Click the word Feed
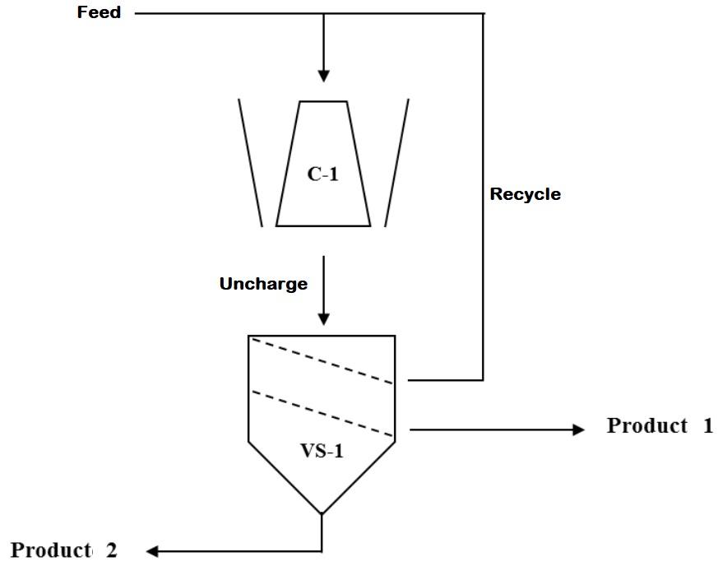(99, 13)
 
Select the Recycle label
(525, 195)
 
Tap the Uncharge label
(263, 284)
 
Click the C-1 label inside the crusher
(322, 174)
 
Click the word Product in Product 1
(646, 426)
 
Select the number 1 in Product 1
(707, 426)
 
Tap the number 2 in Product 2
(110, 550)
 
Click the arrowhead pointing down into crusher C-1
(323, 75)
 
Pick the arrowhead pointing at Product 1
(577, 429)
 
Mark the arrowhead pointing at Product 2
(153, 550)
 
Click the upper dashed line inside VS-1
(322, 360)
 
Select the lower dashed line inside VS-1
(322, 414)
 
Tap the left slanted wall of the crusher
(250, 162)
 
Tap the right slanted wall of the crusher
(396, 162)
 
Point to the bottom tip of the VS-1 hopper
(322, 513)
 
